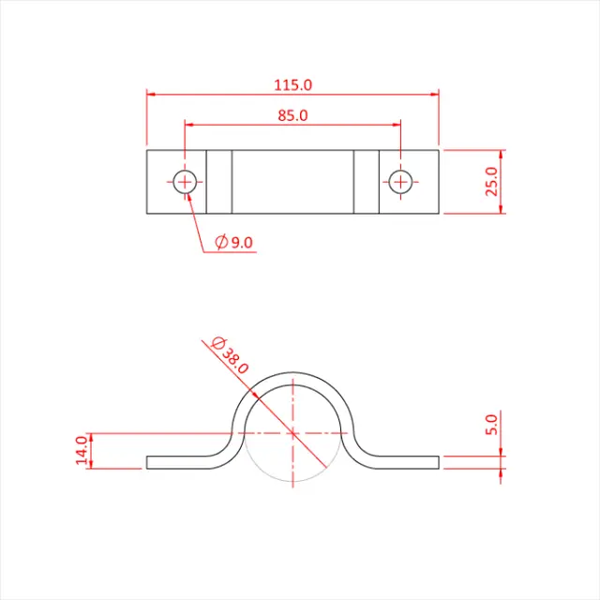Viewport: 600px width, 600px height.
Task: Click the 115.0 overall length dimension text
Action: (x=292, y=84)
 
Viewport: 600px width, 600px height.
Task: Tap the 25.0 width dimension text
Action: (x=491, y=182)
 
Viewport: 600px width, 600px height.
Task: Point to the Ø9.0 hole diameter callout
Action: (x=234, y=242)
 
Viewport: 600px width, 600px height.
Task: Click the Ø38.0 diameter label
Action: (x=231, y=355)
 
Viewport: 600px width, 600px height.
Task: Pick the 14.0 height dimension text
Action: (x=82, y=449)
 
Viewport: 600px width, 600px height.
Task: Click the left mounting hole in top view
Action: (x=185, y=181)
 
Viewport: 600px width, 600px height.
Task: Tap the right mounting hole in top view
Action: (x=400, y=181)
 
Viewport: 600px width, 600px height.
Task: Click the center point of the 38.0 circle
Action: (x=292, y=433)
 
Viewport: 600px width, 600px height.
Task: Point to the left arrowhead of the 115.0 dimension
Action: (x=151, y=94)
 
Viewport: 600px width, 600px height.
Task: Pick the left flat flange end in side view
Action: (x=150, y=461)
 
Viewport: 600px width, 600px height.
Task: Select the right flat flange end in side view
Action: (x=436, y=460)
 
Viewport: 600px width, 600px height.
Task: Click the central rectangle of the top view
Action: (x=292, y=181)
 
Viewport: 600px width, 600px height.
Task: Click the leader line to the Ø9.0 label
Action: (x=195, y=219)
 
